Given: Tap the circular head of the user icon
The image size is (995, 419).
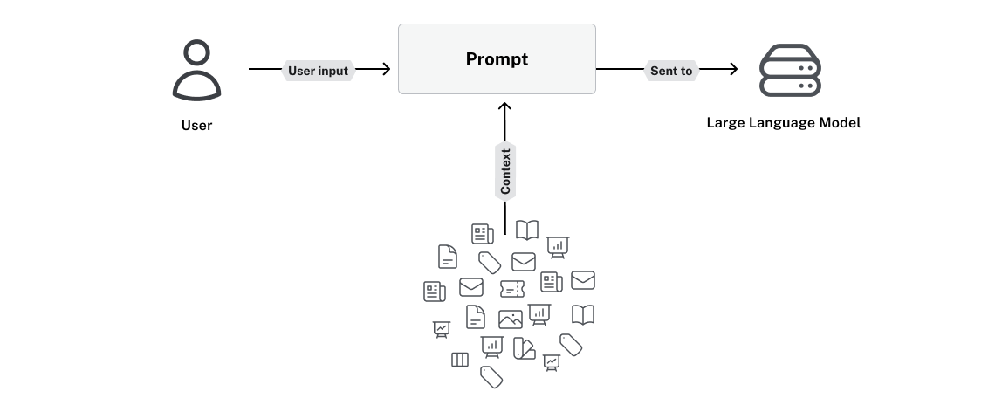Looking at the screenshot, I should [196, 54].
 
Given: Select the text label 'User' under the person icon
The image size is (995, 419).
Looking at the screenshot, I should [196, 125].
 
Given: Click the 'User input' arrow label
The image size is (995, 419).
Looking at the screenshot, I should [319, 71].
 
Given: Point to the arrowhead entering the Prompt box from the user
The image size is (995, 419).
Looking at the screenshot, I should [385, 70].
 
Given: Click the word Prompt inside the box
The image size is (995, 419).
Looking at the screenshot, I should [497, 59].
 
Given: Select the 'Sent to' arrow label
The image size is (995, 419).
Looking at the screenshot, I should [671, 71].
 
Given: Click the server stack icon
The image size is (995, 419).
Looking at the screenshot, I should [790, 70].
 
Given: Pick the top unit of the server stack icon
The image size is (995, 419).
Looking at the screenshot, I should [790, 54].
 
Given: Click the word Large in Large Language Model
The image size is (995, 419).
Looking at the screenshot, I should [725, 123].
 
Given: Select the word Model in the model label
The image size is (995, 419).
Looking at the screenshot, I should [841, 123].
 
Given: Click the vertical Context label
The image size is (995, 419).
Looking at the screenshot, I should [504, 171].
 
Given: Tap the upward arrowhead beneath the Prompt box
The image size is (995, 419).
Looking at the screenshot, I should [504, 107].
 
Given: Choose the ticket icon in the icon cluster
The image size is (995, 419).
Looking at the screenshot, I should [512, 288].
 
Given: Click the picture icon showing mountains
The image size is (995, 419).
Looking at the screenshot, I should [510, 319].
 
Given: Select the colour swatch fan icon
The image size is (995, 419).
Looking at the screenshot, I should [524, 348].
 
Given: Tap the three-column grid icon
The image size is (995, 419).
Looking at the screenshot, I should [460, 360].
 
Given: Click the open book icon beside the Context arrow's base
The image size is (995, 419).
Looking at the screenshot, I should [527, 230].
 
